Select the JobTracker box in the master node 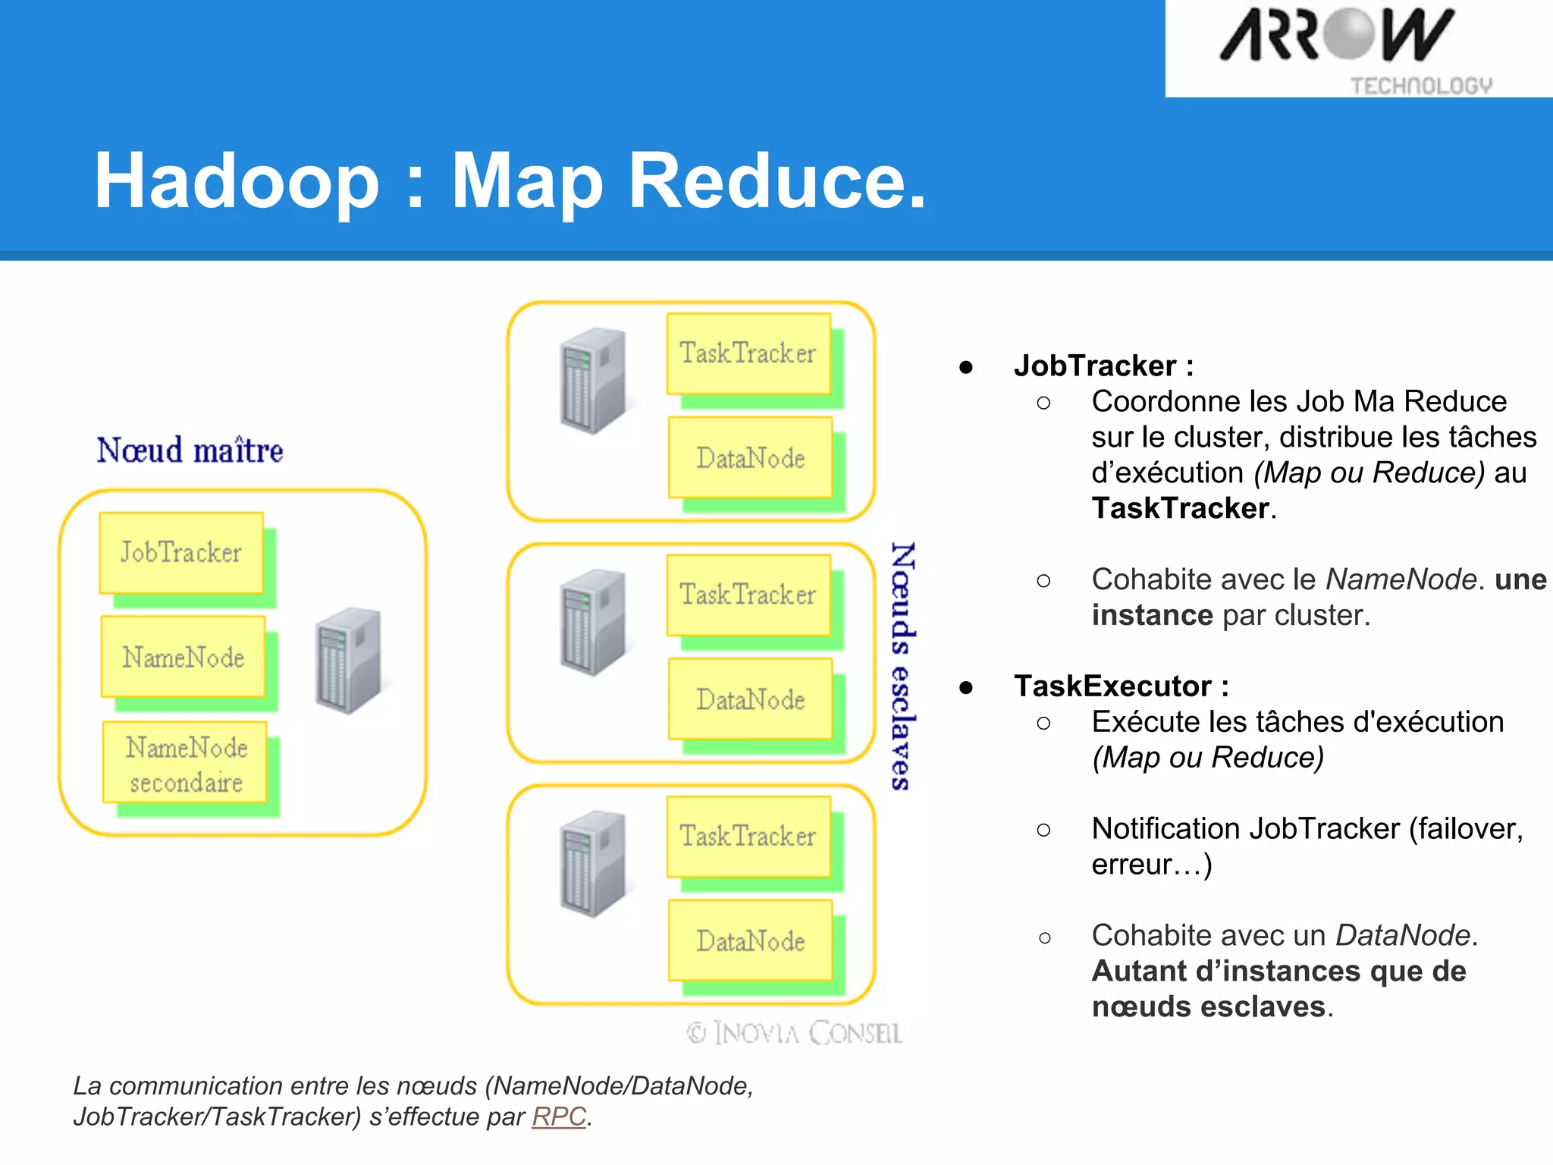(x=181, y=552)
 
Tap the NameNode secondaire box (x=186, y=764)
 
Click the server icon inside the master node (x=349, y=660)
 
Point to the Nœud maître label (x=190, y=451)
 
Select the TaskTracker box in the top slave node (x=748, y=353)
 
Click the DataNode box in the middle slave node (x=751, y=699)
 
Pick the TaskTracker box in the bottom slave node (x=748, y=836)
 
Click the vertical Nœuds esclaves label (x=902, y=666)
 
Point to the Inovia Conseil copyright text (x=794, y=1033)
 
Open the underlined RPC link (x=559, y=1116)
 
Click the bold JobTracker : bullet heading (x=1103, y=366)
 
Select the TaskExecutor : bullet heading (x=1121, y=686)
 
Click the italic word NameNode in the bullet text (x=1401, y=579)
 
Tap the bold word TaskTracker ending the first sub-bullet (x=1181, y=508)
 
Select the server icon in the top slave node (x=593, y=380)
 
